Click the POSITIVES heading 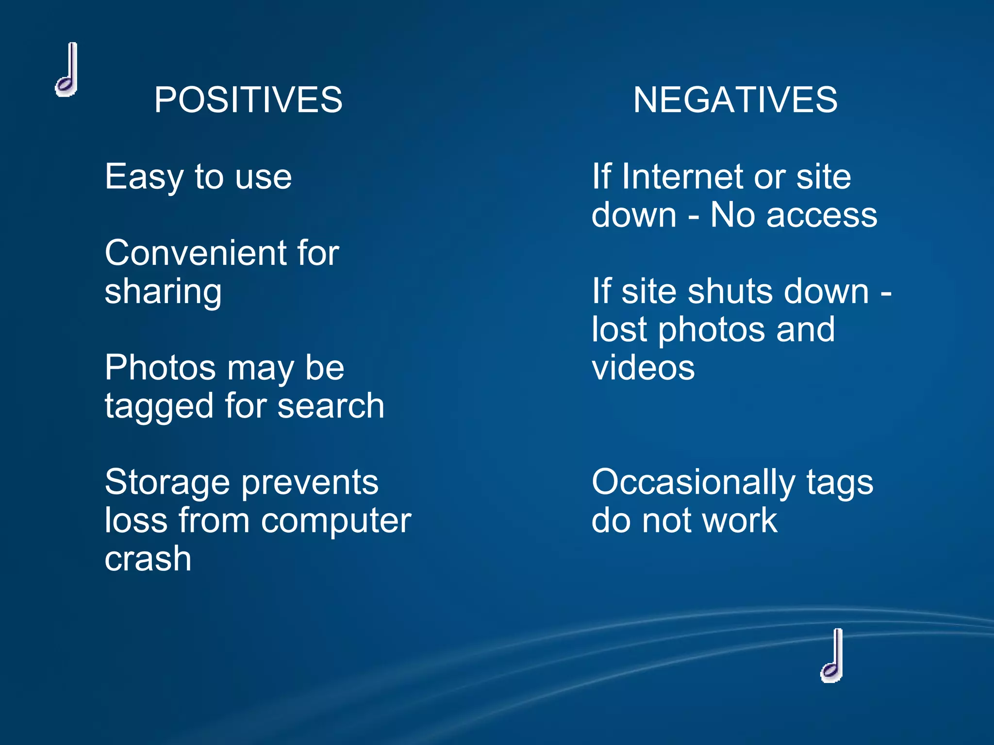click(x=248, y=100)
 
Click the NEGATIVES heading click(x=735, y=100)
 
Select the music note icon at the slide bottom click(x=832, y=655)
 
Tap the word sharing click(x=163, y=292)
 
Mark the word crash click(x=148, y=559)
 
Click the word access click(x=822, y=215)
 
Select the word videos click(x=643, y=368)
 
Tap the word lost click(x=619, y=330)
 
